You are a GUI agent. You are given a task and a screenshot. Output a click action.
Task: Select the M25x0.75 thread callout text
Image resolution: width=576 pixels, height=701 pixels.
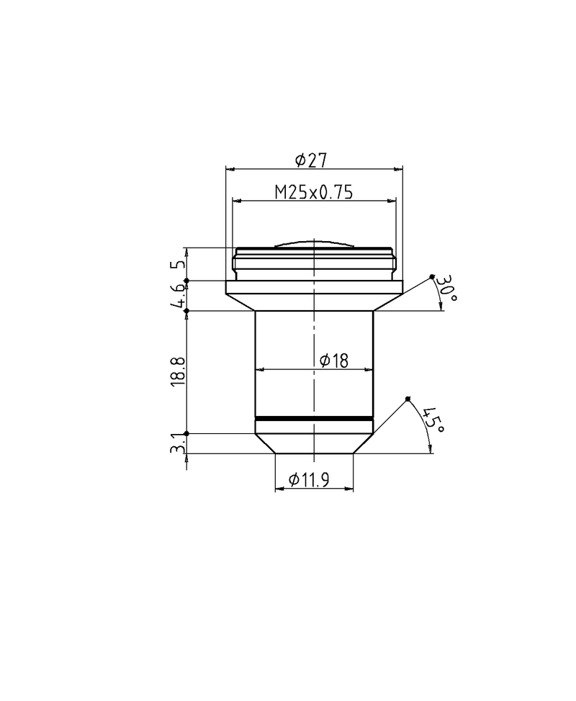click(314, 191)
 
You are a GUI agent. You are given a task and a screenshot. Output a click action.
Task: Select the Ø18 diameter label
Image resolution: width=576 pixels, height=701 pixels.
click(333, 360)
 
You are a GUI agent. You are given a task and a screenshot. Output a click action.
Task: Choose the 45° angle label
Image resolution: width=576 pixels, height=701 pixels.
click(433, 420)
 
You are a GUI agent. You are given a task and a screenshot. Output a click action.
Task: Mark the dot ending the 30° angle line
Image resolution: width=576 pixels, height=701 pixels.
click(432, 276)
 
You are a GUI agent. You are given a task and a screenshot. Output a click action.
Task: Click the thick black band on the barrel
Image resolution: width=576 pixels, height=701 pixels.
click(314, 418)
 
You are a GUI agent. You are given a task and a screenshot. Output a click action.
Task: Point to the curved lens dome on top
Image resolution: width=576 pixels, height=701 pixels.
click(314, 245)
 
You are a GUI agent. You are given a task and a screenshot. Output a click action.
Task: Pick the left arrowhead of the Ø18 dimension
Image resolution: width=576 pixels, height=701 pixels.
click(259, 370)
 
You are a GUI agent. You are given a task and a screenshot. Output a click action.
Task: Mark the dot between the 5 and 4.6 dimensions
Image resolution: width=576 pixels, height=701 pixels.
click(186, 281)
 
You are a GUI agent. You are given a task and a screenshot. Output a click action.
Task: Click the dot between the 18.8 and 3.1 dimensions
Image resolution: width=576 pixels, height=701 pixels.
click(186, 433)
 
